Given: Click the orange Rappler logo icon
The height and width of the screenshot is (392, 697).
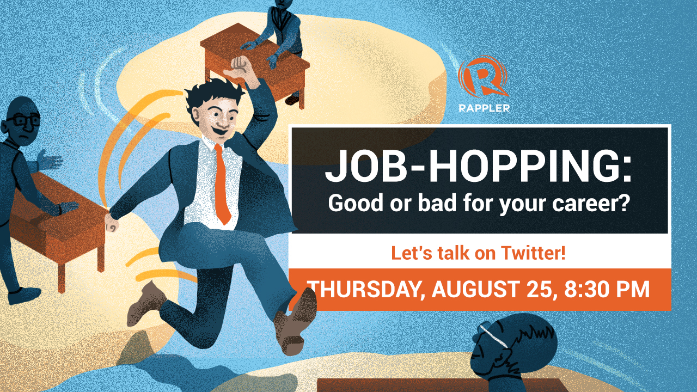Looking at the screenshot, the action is [483, 77].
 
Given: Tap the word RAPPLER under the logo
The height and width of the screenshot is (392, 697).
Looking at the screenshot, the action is [484, 108].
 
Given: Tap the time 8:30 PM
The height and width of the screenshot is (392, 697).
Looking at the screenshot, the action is [607, 289].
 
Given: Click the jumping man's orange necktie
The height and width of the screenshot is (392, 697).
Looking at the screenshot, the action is [222, 184].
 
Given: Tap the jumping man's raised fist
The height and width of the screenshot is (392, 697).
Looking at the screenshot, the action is [241, 67].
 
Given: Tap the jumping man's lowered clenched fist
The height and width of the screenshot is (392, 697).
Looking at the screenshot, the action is [112, 223].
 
